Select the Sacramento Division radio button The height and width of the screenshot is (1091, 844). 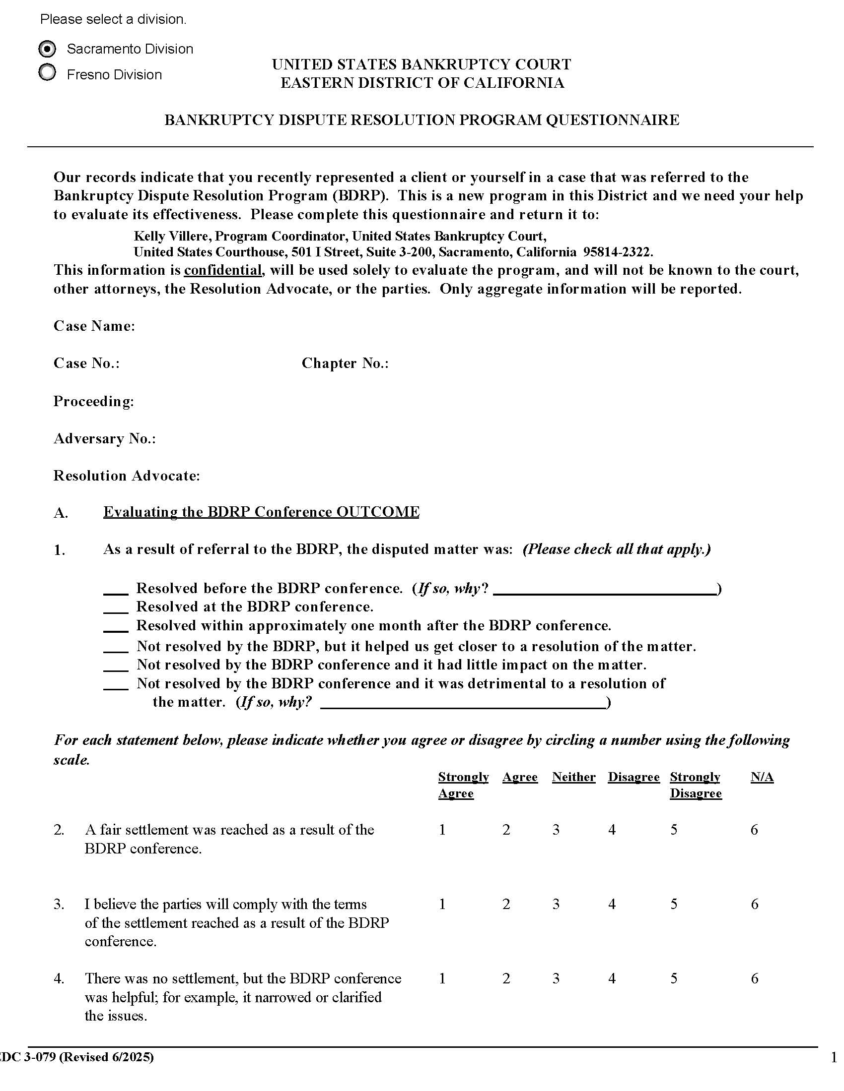click(x=47, y=49)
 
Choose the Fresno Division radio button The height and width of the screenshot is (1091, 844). click(x=47, y=73)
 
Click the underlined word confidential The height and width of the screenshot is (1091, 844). click(x=223, y=270)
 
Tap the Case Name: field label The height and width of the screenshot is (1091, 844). click(x=94, y=326)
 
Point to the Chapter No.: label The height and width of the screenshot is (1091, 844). click(x=345, y=363)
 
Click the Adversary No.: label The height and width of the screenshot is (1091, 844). click(x=104, y=438)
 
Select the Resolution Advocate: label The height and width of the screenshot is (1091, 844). click(x=127, y=476)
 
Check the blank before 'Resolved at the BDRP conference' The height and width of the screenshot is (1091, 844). click(x=116, y=608)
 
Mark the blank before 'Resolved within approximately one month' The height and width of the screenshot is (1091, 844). click(x=116, y=627)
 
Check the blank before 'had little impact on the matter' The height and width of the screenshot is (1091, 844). click(x=116, y=666)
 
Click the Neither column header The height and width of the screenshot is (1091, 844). click(x=573, y=777)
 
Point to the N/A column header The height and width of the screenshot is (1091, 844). click(x=762, y=777)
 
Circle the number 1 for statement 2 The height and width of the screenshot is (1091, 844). click(x=442, y=830)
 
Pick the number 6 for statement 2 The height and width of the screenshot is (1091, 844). click(x=754, y=830)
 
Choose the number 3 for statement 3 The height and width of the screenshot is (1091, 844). click(x=556, y=905)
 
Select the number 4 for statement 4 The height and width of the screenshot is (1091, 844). click(x=612, y=978)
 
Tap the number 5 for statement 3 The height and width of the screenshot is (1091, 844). click(x=674, y=905)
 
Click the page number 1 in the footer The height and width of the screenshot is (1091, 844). click(x=834, y=1058)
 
